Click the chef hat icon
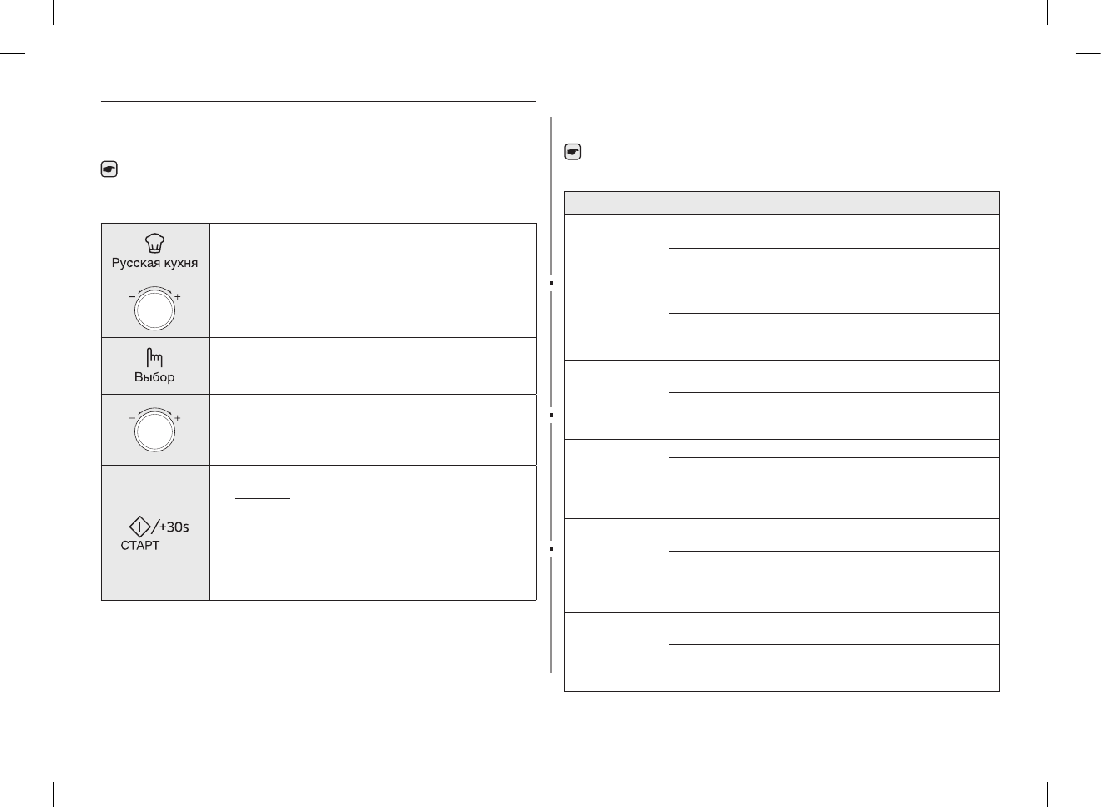click(155, 243)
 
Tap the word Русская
click(136, 263)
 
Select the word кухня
click(180, 263)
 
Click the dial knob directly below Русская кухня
click(154, 310)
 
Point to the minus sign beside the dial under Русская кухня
click(132, 297)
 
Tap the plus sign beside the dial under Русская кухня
click(178, 297)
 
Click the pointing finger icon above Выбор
click(154, 358)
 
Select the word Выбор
click(154, 377)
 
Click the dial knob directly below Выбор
click(154, 431)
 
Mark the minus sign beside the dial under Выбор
click(132, 417)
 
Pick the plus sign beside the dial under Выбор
click(178, 417)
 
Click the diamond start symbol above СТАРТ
click(139, 527)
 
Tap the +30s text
click(174, 527)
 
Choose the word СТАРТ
click(139, 546)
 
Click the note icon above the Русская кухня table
click(109, 169)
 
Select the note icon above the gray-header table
click(573, 152)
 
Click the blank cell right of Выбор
click(372, 366)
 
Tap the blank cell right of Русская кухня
click(372, 251)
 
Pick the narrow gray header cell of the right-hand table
click(616, 203)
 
